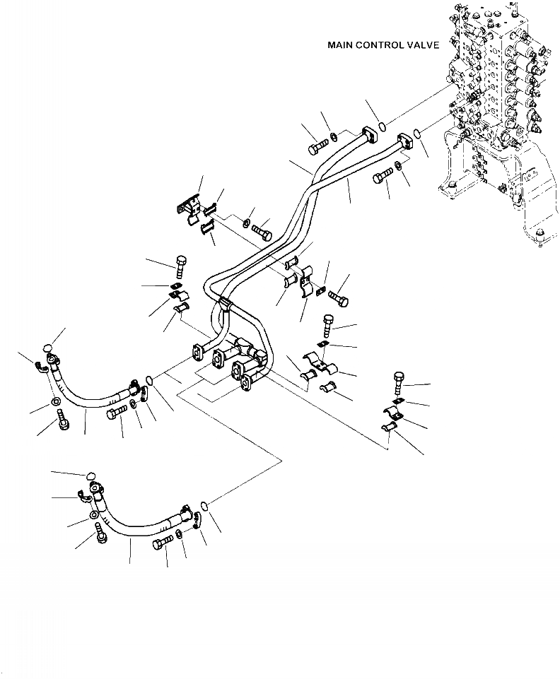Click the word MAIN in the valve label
(x=341, y=45)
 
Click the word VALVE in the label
(x=421, y=45)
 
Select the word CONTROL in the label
(x=380, y=45)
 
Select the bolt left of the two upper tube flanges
(x=316, y=148)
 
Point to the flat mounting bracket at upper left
(x=187, y=207)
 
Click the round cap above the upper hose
(x=47, y=347)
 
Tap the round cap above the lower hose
(x=90, y=476)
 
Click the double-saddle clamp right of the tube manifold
(x=317, y=364)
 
